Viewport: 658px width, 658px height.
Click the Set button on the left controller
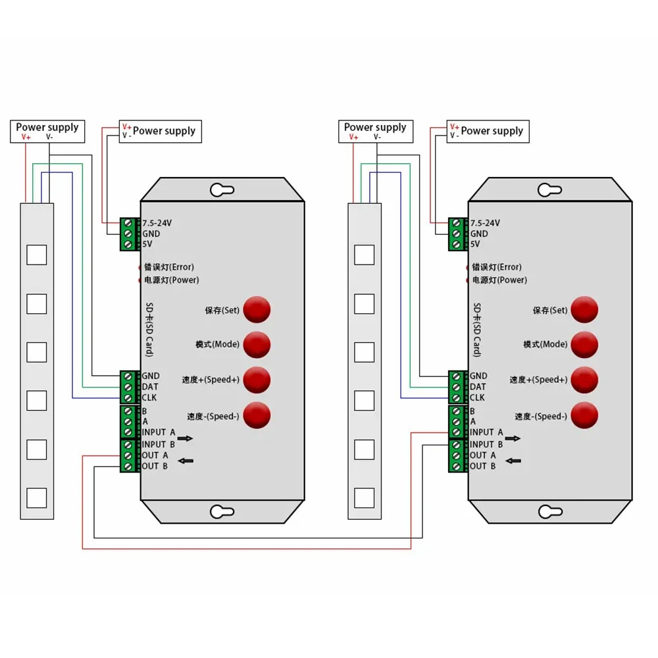point(257,309)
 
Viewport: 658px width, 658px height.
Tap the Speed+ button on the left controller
point(257,379)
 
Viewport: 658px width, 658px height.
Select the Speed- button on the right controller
point(584,415)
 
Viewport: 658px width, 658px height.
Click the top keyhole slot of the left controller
point(222,190)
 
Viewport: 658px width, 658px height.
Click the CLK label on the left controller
point(150,397)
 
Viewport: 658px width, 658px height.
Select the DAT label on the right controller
point(478,387)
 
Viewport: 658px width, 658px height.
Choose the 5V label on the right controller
point(475,243)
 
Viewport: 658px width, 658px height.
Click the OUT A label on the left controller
point(155,455)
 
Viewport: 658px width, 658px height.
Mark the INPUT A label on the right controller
point(486,432)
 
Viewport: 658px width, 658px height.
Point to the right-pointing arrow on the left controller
point(186,438)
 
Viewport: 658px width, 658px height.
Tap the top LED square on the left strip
point(36,255)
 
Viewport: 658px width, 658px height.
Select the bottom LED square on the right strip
point(364,498)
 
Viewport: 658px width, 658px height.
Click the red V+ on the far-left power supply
point(26,137)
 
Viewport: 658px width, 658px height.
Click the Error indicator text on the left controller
point(169,267)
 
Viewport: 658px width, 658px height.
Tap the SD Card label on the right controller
point(477,329)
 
